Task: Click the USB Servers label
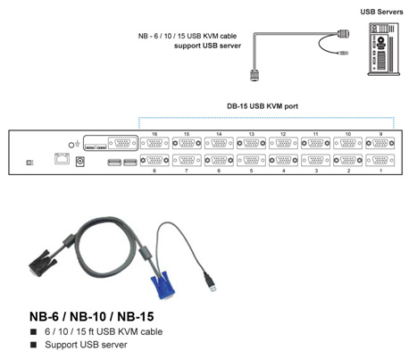click(x=381, y=12)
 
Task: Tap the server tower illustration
click(x=384, y=49)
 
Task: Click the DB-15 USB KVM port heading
click(x=263, y=106)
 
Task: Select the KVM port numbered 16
click(x=154, y=143)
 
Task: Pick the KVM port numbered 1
click(x=380, y=161)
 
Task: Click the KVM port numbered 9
click(x=380, y=143)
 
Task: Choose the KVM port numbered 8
click(x=154, y=161)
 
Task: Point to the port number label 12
click(x=283, y=134)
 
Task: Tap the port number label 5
click(x=251, y=171)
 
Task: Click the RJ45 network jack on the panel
click(x=62, y=158)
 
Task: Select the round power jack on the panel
click(x=79, y=162)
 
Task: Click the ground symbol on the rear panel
click(x=78, y=144)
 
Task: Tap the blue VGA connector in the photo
click(x=163, y=287)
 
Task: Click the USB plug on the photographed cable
click(x=210, y=282)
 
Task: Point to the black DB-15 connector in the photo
click(x=42, y=263)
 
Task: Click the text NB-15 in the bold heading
click(x=136, y=316)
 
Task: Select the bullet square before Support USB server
click(x=33, y=345)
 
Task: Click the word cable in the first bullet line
click(x=152, y=331)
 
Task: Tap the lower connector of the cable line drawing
click(x=254, y=75)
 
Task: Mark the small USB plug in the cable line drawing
click(x=342, y=54)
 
